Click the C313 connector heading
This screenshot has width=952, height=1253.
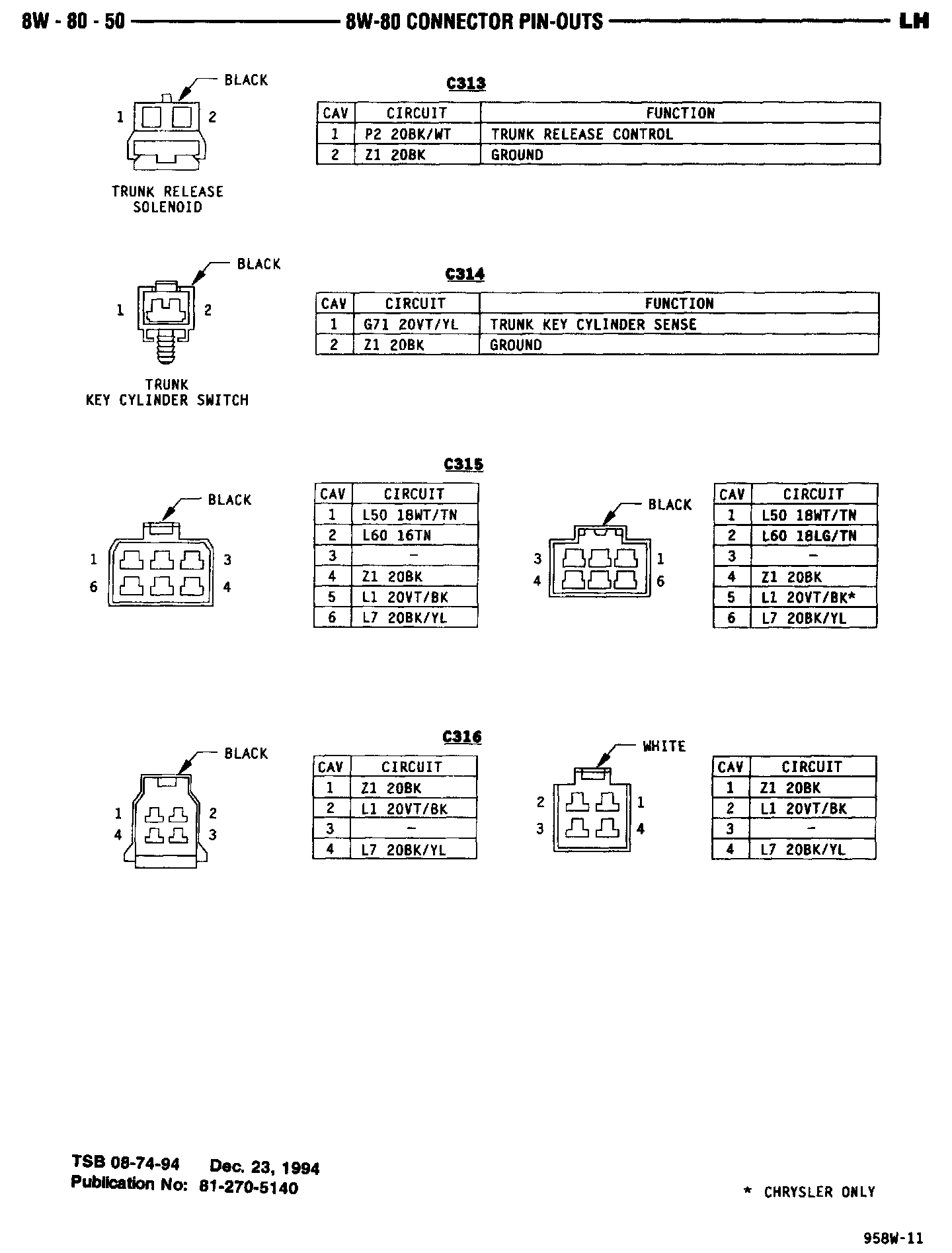pyautogui.click(x=466, y=83)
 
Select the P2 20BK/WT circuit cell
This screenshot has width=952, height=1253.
pyautogui.click(x=408, y=134)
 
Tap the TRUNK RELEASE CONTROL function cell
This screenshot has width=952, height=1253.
pyautogui.click(x=582, y=134)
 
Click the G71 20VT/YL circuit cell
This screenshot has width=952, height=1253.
pyautogui.click(x=411, y=325)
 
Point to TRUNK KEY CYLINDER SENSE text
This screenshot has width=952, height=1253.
pyautogui.click(x=593, y=325)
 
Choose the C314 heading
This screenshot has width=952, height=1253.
pyautogui.click(x=465, y=274)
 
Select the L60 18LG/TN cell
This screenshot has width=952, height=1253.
pyautogui.click(x=809, y=535)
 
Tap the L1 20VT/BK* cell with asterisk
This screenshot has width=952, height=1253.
pyautogui.click(x=809, y=597)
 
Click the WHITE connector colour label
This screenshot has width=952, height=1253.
pyautogui.click(x=664, y=746)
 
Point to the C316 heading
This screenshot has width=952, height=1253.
pyautogui.click(x=462, y=737)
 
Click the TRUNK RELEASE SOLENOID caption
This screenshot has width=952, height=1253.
pyautogui.click(x=167, y=199)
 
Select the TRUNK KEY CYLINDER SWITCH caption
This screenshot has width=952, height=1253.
pyautogui.click(x=167, y=392)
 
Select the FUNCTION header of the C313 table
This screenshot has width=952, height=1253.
pyautogui.click(x=680, y=113)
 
